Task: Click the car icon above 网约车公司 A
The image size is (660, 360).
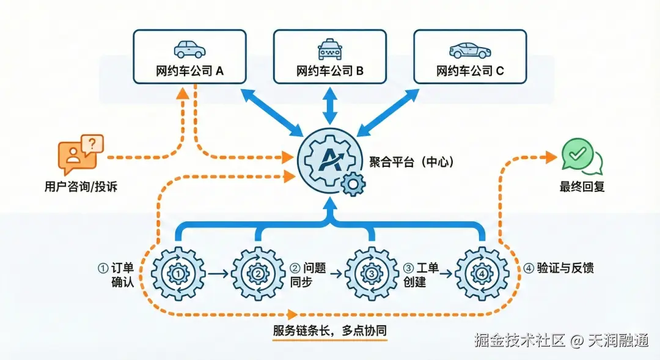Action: [190, 49]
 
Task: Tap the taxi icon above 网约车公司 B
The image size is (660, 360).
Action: [331, 49]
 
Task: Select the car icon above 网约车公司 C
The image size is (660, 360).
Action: [470, 49]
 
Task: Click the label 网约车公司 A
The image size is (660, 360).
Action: [190, 71]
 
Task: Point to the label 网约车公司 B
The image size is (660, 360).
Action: [330, 71]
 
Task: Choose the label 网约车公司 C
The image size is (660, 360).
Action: [470, 71]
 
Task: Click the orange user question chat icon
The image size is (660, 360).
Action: [80, 153]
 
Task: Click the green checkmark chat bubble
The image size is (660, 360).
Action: [581, 156]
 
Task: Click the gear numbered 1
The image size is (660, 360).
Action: [178, 274]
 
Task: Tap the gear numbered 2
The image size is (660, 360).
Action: [258, 274]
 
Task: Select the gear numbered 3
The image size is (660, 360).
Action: [372, 274]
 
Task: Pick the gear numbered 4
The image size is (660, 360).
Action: [482, 274]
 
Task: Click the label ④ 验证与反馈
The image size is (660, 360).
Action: [559, 268]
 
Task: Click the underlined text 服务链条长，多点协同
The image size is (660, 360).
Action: [330, 331]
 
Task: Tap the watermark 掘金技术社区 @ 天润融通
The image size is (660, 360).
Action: [562, 341]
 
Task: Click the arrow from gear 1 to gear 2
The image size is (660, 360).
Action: [218, 274]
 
